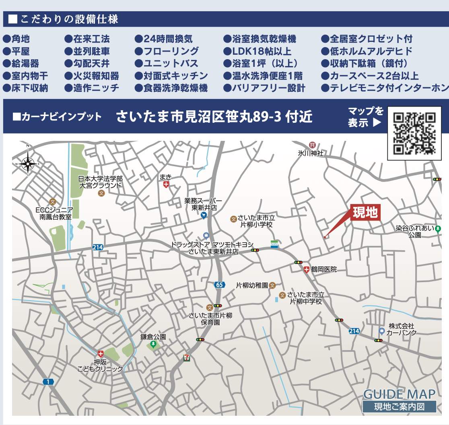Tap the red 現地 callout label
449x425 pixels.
coord(365,213)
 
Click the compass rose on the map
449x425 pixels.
coord(28,163)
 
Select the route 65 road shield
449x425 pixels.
coord(219,285)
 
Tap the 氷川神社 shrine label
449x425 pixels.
coord(311,153)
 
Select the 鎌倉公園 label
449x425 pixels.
coord(153,336)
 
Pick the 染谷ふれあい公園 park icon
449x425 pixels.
coord(438,229)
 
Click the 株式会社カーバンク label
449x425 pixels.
coord(401,329)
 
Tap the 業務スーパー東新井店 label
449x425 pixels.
coord(204,204)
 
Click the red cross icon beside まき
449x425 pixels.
coord(166,184)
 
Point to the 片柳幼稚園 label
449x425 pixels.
coord(252,285)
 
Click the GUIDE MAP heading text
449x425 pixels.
coord(399,394)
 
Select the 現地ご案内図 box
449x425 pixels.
coord(399,406)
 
